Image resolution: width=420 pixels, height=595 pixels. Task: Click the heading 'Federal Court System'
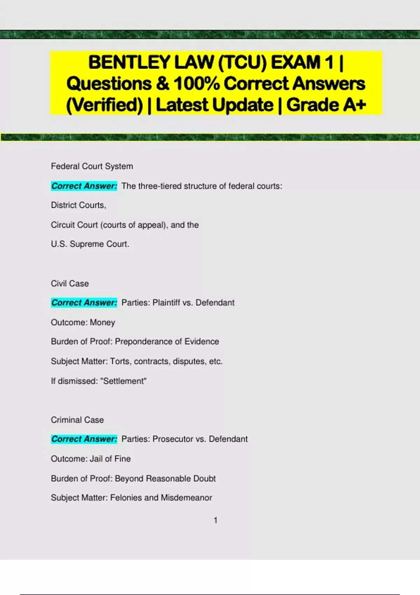pyautogui.click(x=92, y=166)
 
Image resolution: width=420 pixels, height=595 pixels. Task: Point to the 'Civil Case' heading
pyautogui.click(x=70, y=283)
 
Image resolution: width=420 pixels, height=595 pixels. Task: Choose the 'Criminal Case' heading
pyautogui.click(x=77, y=420)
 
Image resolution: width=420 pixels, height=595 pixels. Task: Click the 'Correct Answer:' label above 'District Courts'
pyautogui.click(x=84, y=186)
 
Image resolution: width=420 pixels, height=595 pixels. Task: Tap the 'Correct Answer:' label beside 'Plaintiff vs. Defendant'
pyautogui.click(x=84, y=302)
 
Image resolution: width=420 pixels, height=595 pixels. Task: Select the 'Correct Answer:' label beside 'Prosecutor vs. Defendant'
pyautogui.click(x=84, y=439)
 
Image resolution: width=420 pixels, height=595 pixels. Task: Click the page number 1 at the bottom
pyautogui.click(x=216, y=520)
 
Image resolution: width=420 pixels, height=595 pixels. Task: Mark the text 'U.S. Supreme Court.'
pyautogui.click(x=90, y=244)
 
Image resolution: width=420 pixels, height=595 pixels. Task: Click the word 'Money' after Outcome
pyautogui.click(x=102, y=322)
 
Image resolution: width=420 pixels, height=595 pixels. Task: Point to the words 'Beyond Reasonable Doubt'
pyautogui.click(x=165, y=478)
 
